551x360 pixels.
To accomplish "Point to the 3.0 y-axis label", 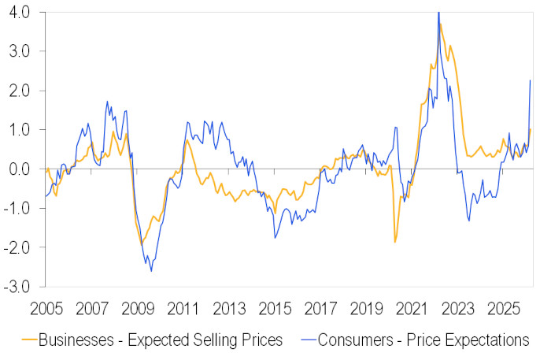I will tap(17, 52).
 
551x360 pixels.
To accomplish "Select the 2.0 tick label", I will tap(17, 91).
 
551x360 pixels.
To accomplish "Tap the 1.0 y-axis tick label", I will tap(17, 130).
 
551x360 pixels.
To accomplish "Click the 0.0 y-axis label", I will tap(17, 169).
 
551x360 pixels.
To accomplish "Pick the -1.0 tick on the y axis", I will tap(16, 208).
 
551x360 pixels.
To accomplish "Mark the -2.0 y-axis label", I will tap(16, 247).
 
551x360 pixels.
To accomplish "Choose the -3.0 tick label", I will tap(16, 286).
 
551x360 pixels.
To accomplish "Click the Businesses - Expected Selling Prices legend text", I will tap(161, 341).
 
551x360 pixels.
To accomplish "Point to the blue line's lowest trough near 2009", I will tap(151, 272).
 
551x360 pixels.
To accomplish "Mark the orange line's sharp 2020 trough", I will tap(395, 242).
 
